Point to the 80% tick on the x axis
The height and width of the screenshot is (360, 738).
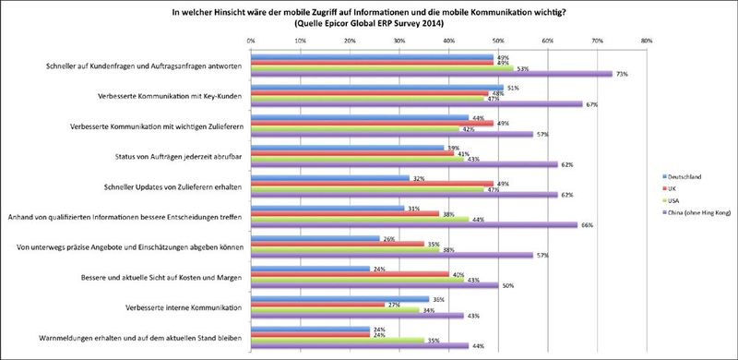[x=646, y=41]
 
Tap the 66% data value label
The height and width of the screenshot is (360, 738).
[x=585, y=223]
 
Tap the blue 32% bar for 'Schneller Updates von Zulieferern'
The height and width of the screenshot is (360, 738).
[x=330, y=177]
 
